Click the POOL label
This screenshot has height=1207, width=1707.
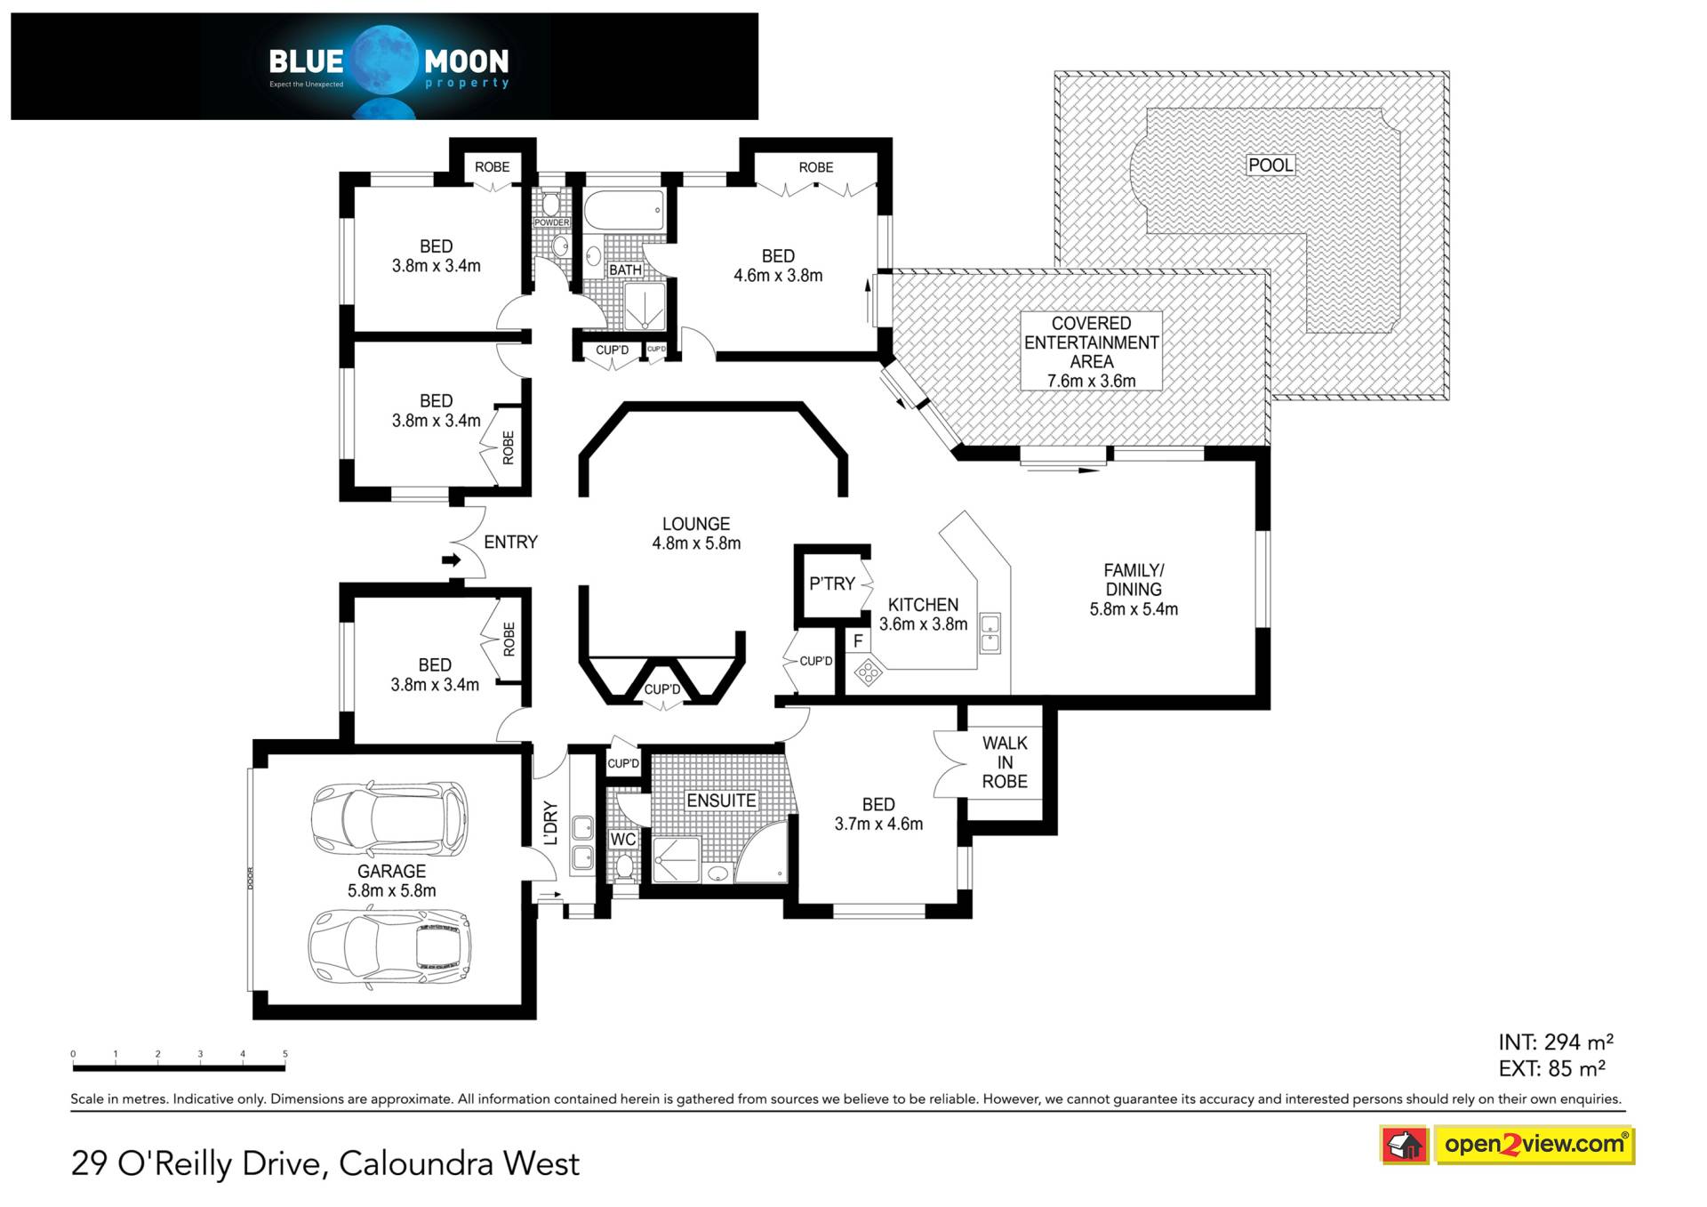(x=1270, y=165)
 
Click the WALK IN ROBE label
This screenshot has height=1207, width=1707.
(x=1005, y=762)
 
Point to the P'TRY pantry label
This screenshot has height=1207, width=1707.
(x=831, y=583)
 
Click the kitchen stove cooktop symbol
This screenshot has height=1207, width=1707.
(x=868, y=672)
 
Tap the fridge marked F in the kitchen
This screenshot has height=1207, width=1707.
(x=858, y=640)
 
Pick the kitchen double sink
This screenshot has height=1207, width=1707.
(x=990, y=633)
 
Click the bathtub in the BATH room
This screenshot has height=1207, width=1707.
(x=624, y=210)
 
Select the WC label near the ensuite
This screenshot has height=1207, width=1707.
(x=622, y=840)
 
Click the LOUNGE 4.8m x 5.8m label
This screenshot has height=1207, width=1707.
(x=696, y=534)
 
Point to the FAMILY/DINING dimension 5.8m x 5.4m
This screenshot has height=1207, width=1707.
(x=1134, y=609)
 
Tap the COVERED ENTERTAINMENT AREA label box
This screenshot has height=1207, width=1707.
(x=1091, y=351)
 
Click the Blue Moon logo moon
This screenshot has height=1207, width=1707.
(x=384, y=60)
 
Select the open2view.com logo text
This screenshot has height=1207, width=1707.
(x=1534, y=1145)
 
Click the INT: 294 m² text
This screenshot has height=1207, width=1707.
(x=1555, y=1042)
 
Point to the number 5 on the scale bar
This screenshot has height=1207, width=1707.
(x=285, y=1054)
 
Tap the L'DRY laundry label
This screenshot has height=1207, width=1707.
(x=550, y=823)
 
